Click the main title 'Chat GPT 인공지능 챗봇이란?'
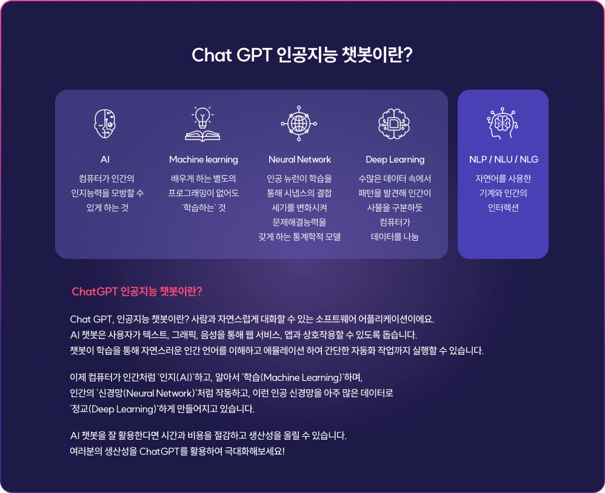tap(302, 55)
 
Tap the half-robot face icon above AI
tap(105, 124)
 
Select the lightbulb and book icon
tap(202, 124)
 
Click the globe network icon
tap(299, 124)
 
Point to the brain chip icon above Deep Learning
tap(394, 124)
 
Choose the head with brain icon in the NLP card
tap(503, 123)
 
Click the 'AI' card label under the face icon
tap(105, 159)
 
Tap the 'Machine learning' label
tap(203, 159)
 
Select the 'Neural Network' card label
tap(299, 159)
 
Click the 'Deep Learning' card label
tap(395, 159)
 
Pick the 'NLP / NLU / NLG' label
tap(504, 159)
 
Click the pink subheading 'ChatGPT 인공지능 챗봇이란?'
tap(137, 292)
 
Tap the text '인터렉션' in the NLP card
tap(503, 208)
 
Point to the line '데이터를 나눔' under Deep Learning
tap(395, 236)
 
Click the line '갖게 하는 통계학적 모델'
tap(299, 236)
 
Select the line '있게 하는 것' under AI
tap(107, 208)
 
